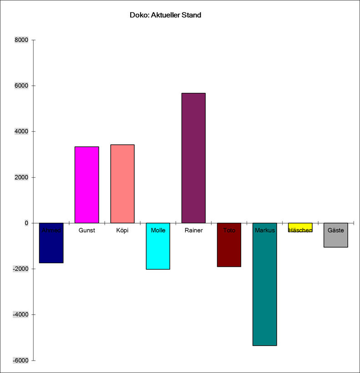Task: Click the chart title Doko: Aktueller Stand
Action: tap(166, 15)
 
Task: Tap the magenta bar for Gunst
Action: tap(86, 184)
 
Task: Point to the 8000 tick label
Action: tap(21, 40)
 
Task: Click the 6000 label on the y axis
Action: tap(21, 86)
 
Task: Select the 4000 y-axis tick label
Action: tap(21, 132)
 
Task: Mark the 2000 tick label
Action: tap(21, 177)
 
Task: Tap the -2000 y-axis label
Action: tap(20, 269)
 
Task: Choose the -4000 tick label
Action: tap(20, 315)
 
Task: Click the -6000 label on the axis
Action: tap(20, 360)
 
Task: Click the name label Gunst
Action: tap(86, 230)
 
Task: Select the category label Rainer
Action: tap(193, 230)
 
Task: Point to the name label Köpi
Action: tap(122, 230)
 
